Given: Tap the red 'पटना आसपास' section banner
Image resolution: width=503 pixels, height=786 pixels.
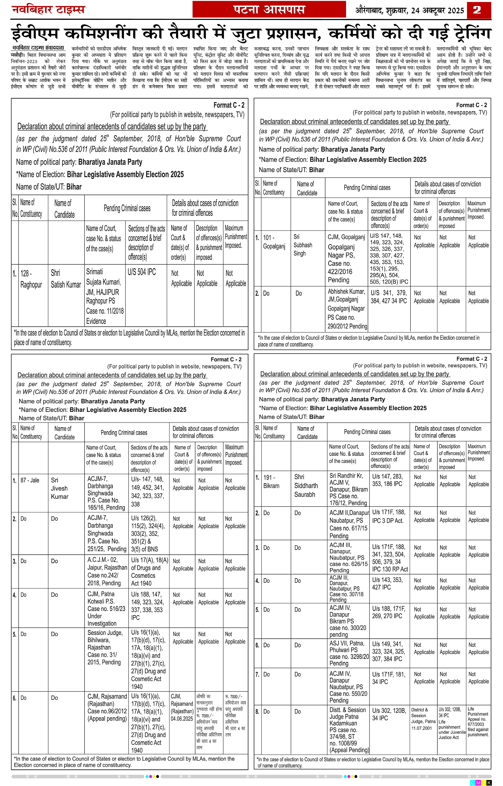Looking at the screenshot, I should click(269, 10).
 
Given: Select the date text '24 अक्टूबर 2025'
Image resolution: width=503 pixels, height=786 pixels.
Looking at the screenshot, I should click(437, 11).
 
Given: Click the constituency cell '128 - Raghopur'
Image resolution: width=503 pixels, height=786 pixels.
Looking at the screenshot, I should click(31, 279).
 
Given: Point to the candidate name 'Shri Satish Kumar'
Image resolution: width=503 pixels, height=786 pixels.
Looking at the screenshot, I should click(66, 279).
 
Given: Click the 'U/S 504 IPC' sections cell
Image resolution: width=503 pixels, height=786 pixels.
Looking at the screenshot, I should click(142, 272).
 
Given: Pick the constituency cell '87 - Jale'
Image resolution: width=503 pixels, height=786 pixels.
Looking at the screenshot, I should click(30, 480).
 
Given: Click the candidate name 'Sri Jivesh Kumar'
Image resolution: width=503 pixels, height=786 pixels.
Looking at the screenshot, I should click(59, 488).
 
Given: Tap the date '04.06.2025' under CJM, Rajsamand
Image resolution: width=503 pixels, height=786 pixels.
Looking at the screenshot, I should click(182, 718).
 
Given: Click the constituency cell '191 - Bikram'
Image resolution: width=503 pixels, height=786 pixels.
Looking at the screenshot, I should click(271, 481).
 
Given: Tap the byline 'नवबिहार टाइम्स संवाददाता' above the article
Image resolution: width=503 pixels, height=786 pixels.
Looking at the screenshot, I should click(38, 48).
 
